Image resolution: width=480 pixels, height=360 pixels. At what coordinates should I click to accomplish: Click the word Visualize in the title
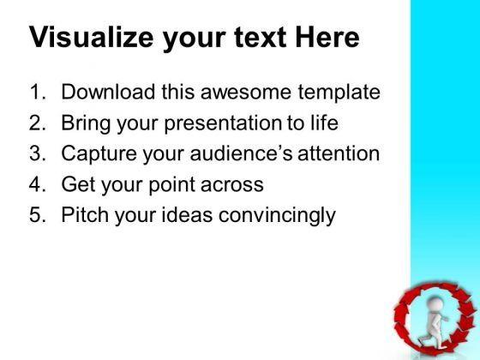pyautogui.click(x=91, y=38)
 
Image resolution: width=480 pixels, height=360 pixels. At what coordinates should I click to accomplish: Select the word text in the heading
pyautogui.click(x=261, y=38)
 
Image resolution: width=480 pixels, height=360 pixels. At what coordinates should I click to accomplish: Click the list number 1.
pyautogui.click(x=38, y=92)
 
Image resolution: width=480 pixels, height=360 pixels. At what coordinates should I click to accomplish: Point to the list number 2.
pyautogui.click(x=38, y=123)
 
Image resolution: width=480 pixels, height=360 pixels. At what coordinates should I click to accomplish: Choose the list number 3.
pyautogui.click(x=38, y=153)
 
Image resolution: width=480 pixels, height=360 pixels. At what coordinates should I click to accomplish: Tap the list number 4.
pyautogui.click(x=38, y=184)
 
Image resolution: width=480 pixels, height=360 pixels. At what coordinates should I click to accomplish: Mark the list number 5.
pyautogui.click(x=38, y=214)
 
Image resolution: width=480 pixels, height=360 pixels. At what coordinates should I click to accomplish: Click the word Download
pyautogui.click(x=108, y=92)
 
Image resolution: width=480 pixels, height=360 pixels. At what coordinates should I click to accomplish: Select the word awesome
pyautogui.click(x=246, y=93)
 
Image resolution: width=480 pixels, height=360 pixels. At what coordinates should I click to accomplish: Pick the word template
pyautogui.click(x=339, y=93)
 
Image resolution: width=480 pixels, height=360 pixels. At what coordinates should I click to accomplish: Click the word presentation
pyautogui.click(x=222, y=123)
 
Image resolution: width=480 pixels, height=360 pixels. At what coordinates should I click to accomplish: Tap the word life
pyautogui.click(x=325, y=122)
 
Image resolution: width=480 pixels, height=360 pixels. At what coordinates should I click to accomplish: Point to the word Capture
pyautogui.click(x=99, y=154)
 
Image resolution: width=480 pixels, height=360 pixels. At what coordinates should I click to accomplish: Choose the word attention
pyautogui.click(x=339, y=153)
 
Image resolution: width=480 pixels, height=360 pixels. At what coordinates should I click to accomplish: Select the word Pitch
pyautogui.click(x=85, y=214)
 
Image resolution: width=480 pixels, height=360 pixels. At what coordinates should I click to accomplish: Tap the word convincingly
pyautogui.click(x=277, y=215)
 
